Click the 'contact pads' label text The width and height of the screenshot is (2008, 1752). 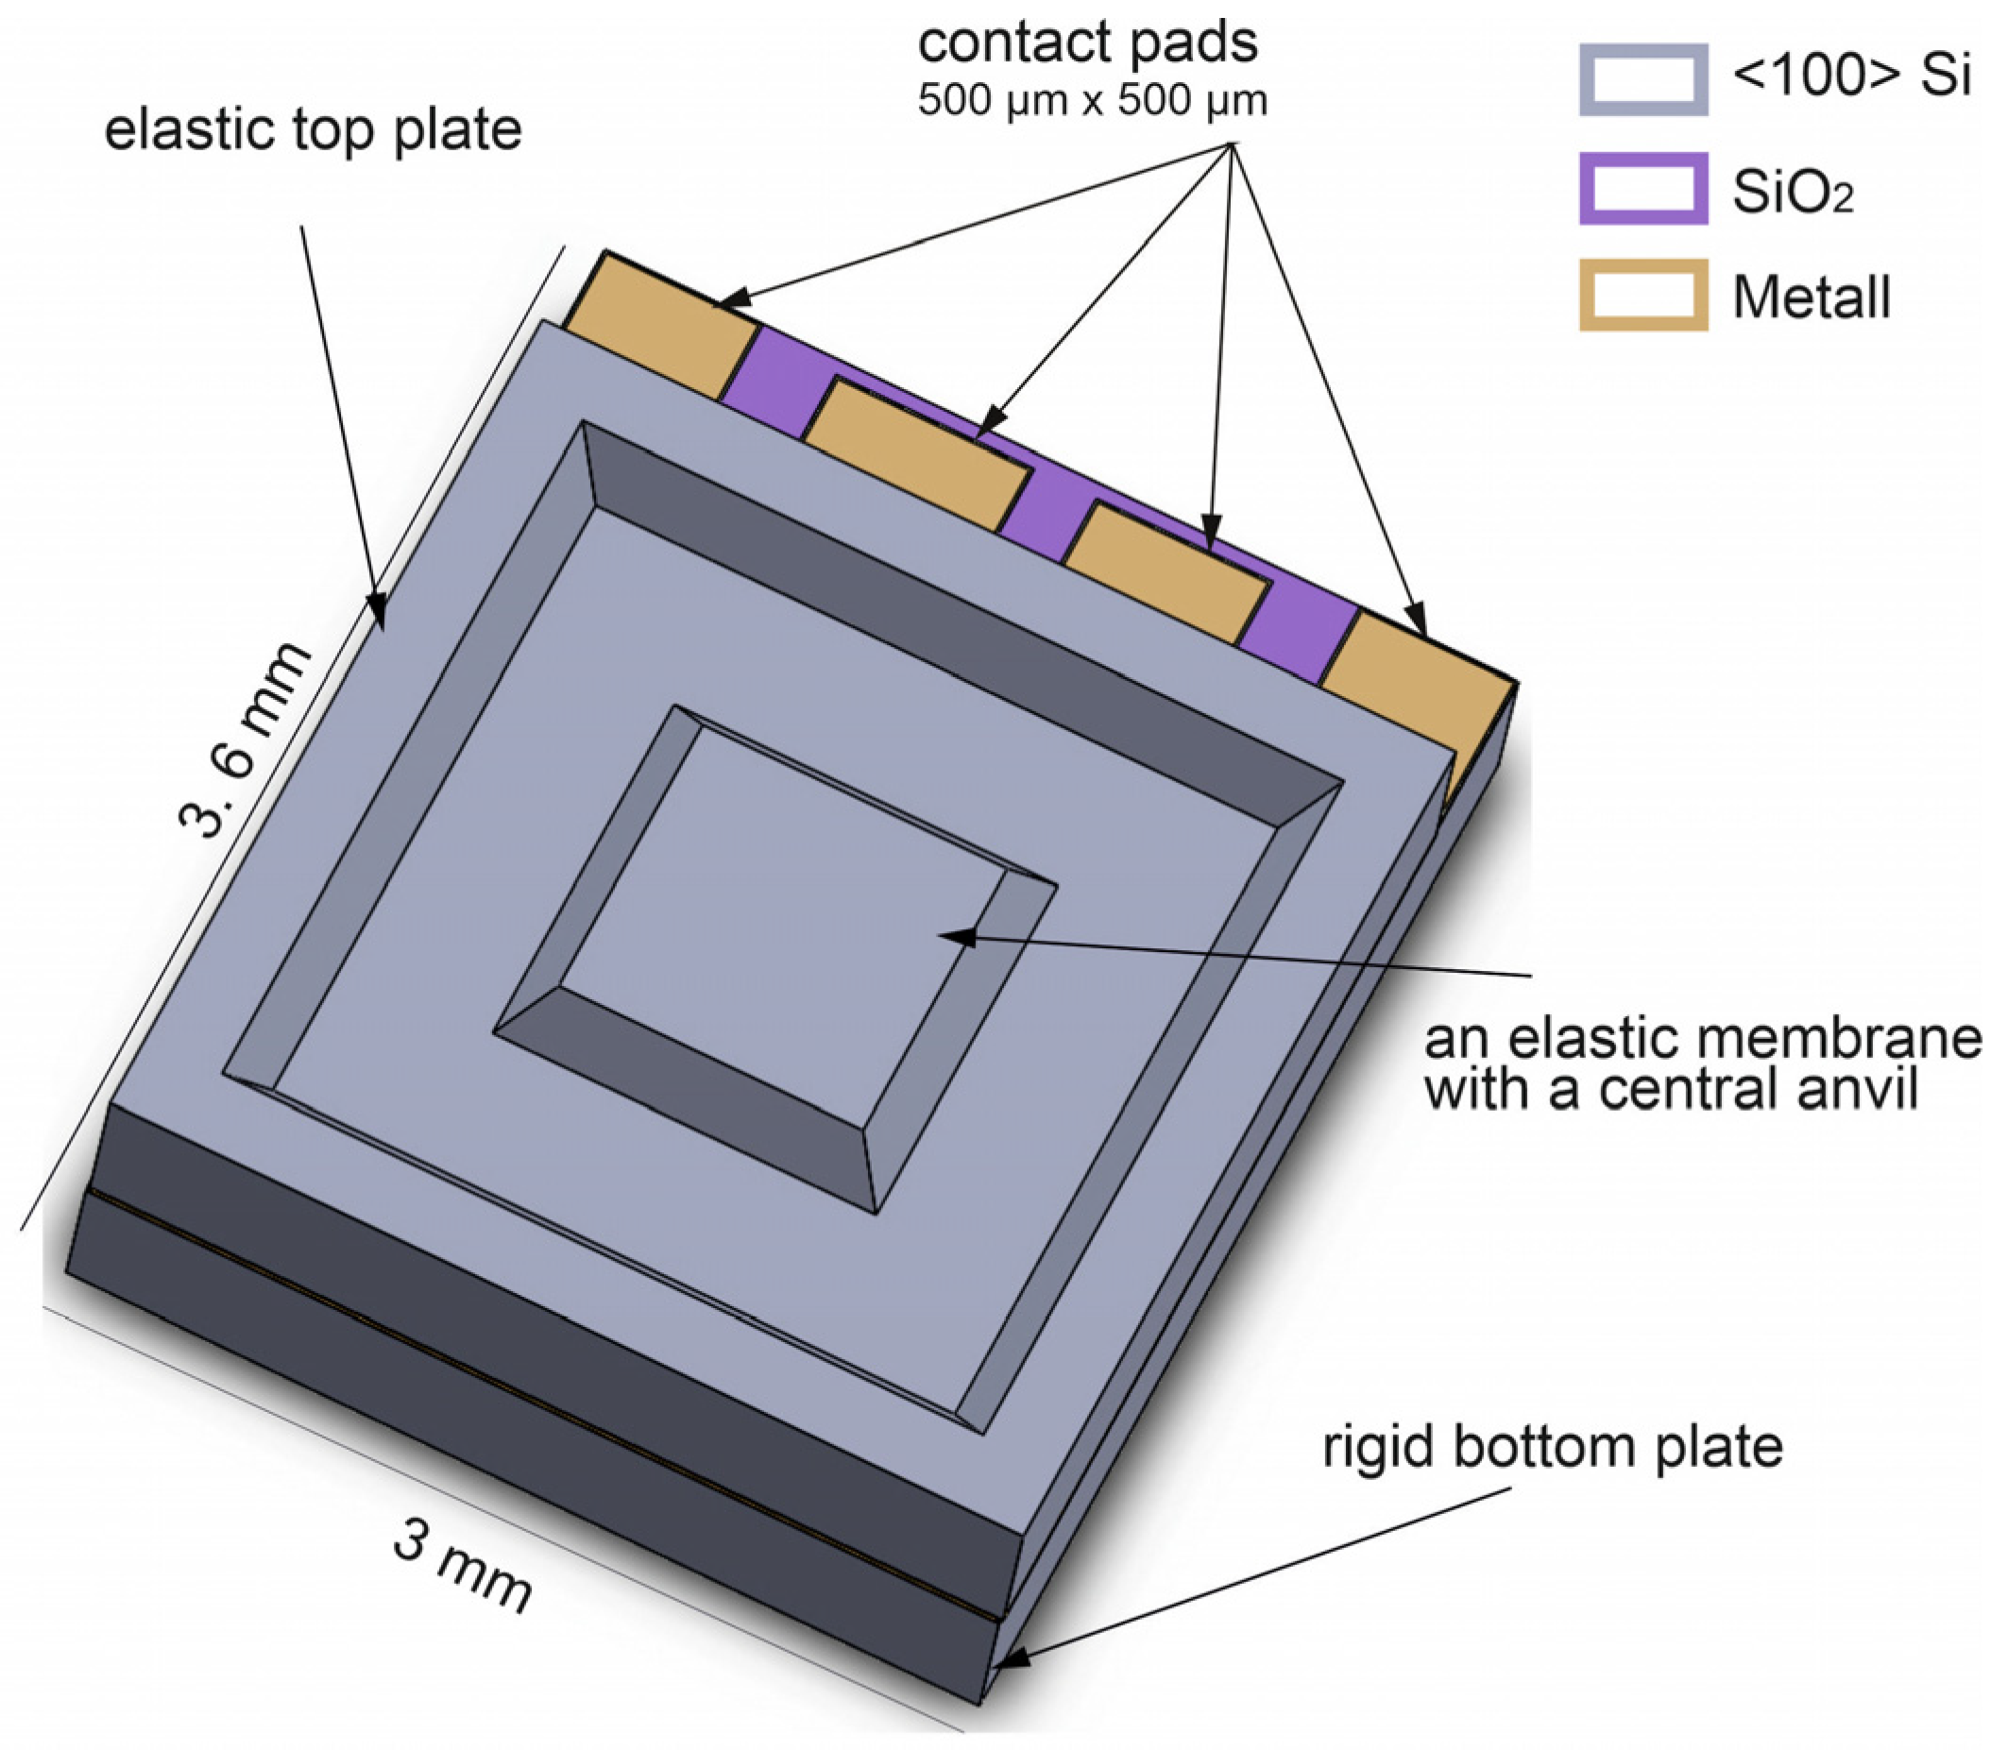(x=1087, y=43)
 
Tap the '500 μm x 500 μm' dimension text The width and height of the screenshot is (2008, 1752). (x=1092, y=101)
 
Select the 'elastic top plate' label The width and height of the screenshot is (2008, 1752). (x=313, y=130)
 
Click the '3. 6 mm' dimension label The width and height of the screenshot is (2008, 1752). (x=246, y=740)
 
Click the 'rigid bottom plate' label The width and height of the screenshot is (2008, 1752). (x=1553, y=1447)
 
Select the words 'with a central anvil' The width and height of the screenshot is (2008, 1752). (x=1670, y=1088)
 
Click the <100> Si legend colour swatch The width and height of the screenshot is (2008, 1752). (x=1642, y=79)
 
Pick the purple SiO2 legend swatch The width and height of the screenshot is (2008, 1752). (x=1642, y=188)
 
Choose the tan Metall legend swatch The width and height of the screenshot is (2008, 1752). (x=1642, y=295)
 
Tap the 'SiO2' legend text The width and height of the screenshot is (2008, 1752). (x=1792, y=192)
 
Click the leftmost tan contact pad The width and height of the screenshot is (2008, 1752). (x=661, y=323)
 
